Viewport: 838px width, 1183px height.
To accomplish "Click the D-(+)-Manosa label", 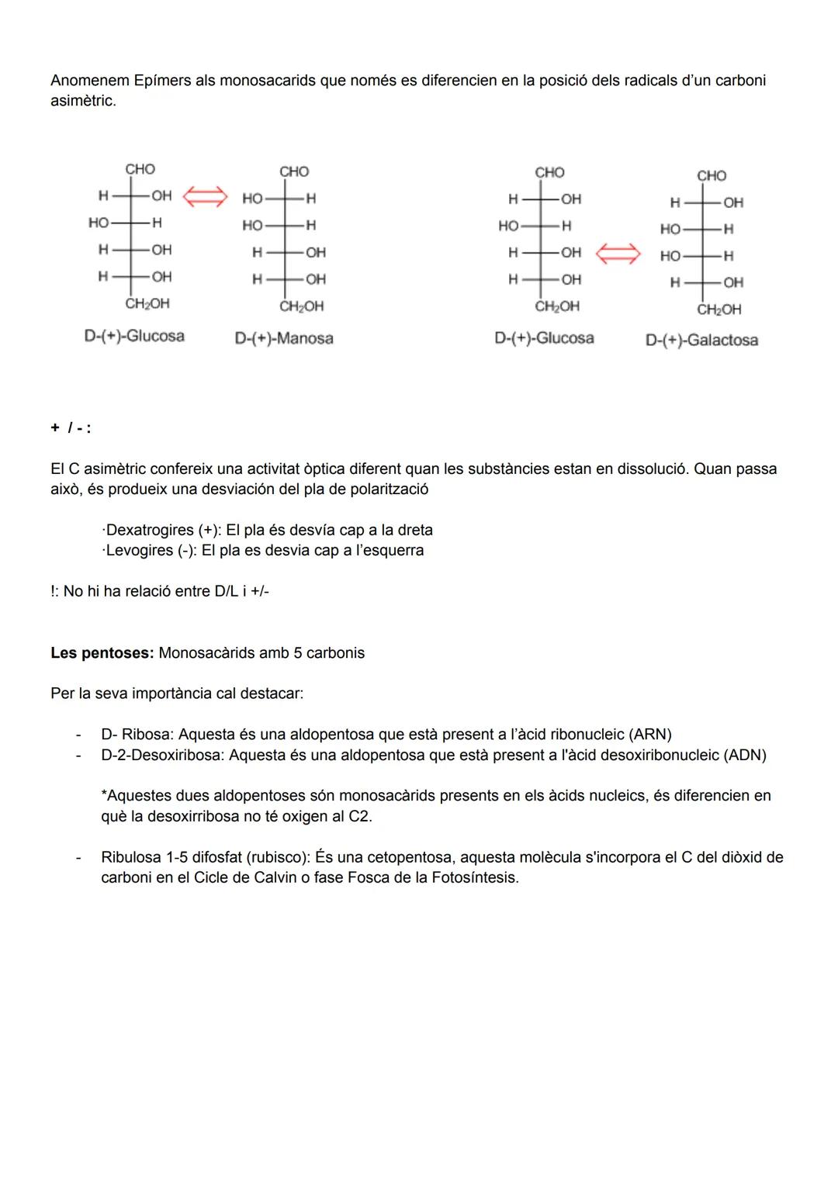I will [284, 338].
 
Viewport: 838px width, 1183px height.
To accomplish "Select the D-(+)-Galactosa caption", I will [701, 341].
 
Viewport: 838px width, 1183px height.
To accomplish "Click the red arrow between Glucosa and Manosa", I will [205, 197].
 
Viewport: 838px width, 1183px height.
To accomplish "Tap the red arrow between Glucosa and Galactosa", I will [618, 253].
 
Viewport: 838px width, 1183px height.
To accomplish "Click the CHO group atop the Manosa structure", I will [294, 171].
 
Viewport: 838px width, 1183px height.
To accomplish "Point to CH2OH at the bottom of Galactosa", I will [719, 310].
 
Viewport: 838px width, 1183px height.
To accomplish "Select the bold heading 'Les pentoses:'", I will [102, 652].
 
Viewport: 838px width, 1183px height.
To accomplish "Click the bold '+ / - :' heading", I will [71, 428].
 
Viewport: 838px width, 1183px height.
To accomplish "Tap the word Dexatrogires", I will [150, 530].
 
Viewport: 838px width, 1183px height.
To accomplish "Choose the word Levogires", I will [140, 550].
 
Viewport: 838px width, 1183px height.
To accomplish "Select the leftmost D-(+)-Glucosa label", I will [134, 336].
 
